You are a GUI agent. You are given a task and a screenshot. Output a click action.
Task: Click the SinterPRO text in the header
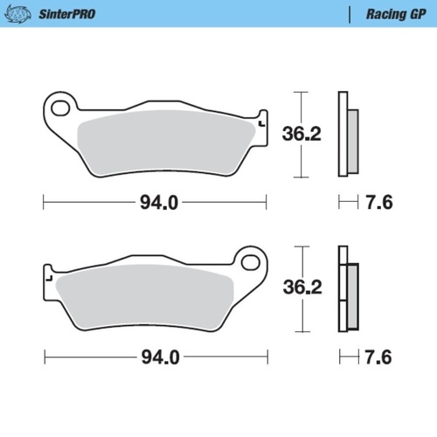click(67, 14)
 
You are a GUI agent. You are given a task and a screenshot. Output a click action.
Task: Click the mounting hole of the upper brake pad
click(61, 108)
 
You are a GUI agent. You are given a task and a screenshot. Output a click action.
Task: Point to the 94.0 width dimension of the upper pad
click(159, 203)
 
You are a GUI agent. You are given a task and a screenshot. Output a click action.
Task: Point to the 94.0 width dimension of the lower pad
click(159, 357)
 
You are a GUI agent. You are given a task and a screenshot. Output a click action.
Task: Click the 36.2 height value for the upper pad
click(298, 135)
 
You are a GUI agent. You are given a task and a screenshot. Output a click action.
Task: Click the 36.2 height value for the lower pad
click(298, 287)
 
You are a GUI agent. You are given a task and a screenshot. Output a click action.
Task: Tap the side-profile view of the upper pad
click(347, 136)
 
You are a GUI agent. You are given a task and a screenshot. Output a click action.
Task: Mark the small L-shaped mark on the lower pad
click(46, 281)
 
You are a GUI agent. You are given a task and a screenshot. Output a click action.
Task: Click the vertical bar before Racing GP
click(350, 14)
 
